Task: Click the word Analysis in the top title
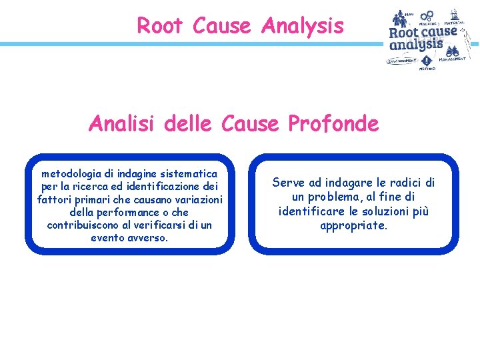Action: coord(303,26)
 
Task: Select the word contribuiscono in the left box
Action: coord(82,225)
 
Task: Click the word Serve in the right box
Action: coord(288,182)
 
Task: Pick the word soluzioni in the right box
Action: coord(387,211)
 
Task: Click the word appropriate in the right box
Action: coord(353,225)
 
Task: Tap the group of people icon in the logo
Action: coord(400,18)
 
